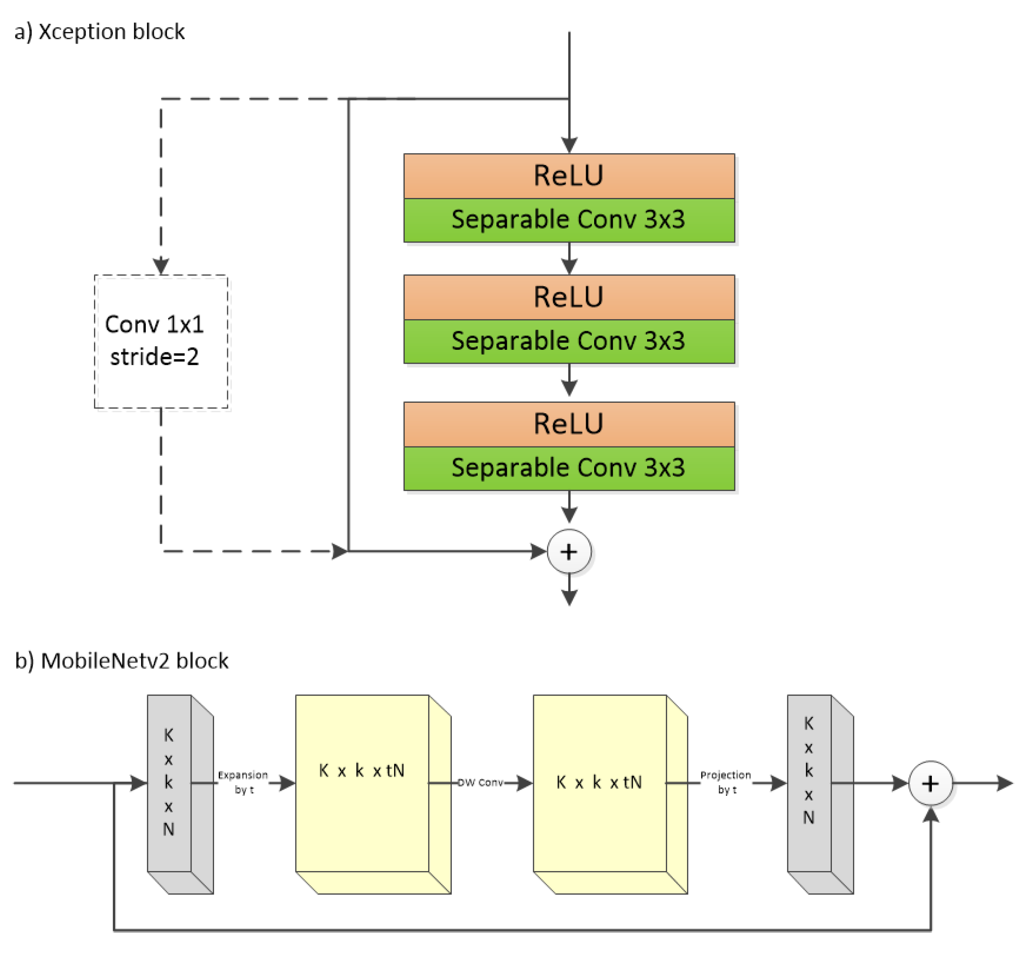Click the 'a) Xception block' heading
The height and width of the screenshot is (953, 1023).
pos(99,32)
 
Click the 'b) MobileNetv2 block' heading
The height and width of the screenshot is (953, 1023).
pos(122,661)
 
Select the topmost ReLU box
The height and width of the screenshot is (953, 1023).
pos(569,176)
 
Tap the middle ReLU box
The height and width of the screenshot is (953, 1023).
pos(569,298)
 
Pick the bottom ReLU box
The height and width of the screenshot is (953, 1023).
pos(569,424)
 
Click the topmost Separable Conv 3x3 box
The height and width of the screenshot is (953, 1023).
pos(569,220)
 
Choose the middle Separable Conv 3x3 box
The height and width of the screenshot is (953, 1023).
pos(569,341)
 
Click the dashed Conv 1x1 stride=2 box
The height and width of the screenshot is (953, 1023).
pos(161,341)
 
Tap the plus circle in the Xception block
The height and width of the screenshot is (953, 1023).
pos(569,552)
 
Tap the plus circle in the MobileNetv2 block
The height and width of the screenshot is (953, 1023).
pos(930,783)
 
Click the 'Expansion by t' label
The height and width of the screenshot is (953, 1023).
pos(243,782)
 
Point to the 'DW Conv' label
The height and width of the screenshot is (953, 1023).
pos(480,783)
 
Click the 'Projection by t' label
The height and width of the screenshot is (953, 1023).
pos(726,782)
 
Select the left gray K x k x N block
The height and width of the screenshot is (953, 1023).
pos(170,783)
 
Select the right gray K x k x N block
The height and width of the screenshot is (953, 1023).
pos(809,783)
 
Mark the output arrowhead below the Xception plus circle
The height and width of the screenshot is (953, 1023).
pos(569,598)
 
